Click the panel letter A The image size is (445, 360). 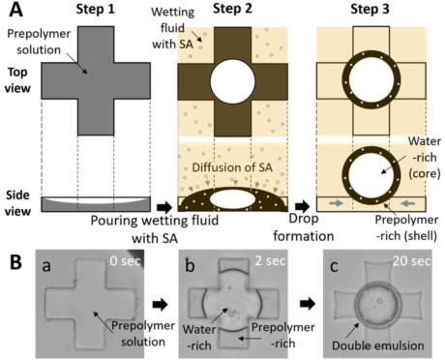pyautogui.click(x=15, y=10)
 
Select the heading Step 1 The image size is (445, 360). pyautogui.click(x=95, y=9)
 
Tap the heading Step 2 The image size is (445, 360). pyautogui.click(x=232, y=9)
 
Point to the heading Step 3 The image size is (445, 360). pyautogui.click(x=370, y=9)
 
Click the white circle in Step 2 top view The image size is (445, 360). pyautogui.click(x=232, y=81)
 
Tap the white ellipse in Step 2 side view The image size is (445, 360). pyautogui.click(x=232, y=200)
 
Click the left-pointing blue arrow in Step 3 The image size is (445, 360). pyautogui.click(x=409, y=203)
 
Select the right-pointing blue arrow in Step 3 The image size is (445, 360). pyautogui.click(x=336, y=203)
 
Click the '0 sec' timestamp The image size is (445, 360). pyautogui.click(x=125, y=260)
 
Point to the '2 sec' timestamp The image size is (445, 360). pyautogui.click(x=270, y=260)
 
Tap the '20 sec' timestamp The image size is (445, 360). pyautogui.click(x=412, y=260)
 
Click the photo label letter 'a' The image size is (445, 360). pyautogui.click(x=46, y=266)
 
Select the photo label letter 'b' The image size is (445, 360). pyautogui.click(x=190, y=265)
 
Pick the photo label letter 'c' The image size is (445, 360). pyautogui.click(x=334, y=267)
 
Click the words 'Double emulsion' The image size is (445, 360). pyautogui.click(x=378, y=345)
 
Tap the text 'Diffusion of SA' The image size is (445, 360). pyautogui.click(x=232, y=167)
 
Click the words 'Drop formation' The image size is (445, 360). pyautogui.click(x=304, y=227)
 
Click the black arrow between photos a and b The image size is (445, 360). pyautogui.click(x=160, y=304)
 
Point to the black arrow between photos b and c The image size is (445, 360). pyautogui.click(x=308, y=304)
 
